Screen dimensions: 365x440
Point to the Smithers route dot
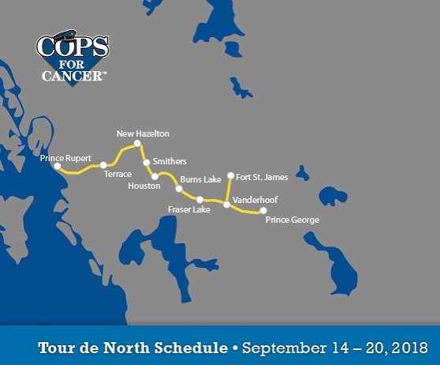click(x=146, y=162)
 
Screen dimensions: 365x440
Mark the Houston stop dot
click(x=155, y=176)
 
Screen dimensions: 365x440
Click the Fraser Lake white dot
click(x=200, y=199)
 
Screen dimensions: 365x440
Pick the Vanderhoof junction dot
click(x=227, y=205)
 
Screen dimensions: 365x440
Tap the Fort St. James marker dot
click(x=230, y=175)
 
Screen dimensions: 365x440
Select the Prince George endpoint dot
click(x=263, y=211)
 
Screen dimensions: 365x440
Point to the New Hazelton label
click(x=143, y=134)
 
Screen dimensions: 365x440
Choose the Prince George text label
click(x=292, y=220)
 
